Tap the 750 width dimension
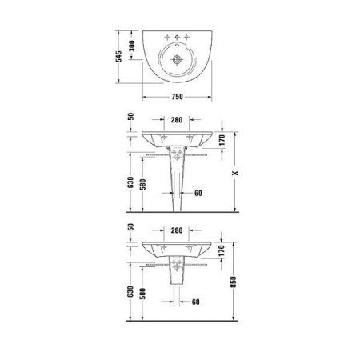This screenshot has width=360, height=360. click(178, 97)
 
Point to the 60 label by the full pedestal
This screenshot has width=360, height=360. click(198, 193)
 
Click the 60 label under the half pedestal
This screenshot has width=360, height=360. click(194, 302)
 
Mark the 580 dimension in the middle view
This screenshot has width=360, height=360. click(142, 185)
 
